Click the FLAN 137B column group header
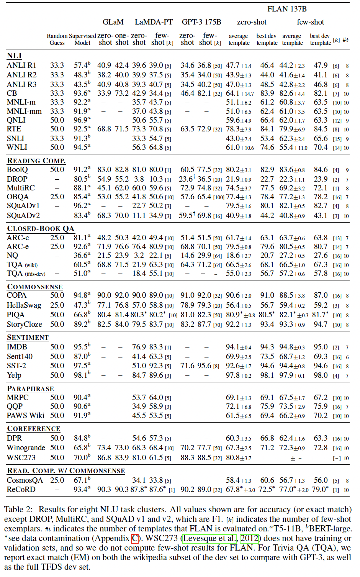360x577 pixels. click(287, 9)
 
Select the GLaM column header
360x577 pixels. click(113, 22)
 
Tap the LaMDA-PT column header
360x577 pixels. click(154, 22)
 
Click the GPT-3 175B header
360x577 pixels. click(201, 22)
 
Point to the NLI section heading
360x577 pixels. click(14, 56)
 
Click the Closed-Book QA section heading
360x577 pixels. click(41, 228)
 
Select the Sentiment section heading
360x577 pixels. click(28, 337)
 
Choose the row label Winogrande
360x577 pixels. click(26, 448)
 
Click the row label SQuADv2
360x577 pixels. click(23, 216)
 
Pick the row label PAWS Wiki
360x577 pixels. click(26, 415)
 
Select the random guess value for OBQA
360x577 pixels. click(57, 197)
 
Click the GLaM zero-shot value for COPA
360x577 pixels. click(104, 295)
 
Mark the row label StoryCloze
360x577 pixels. click(25, 324)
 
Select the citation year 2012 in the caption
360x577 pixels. click(249, 538)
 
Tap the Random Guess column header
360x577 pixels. click(57, 39)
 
